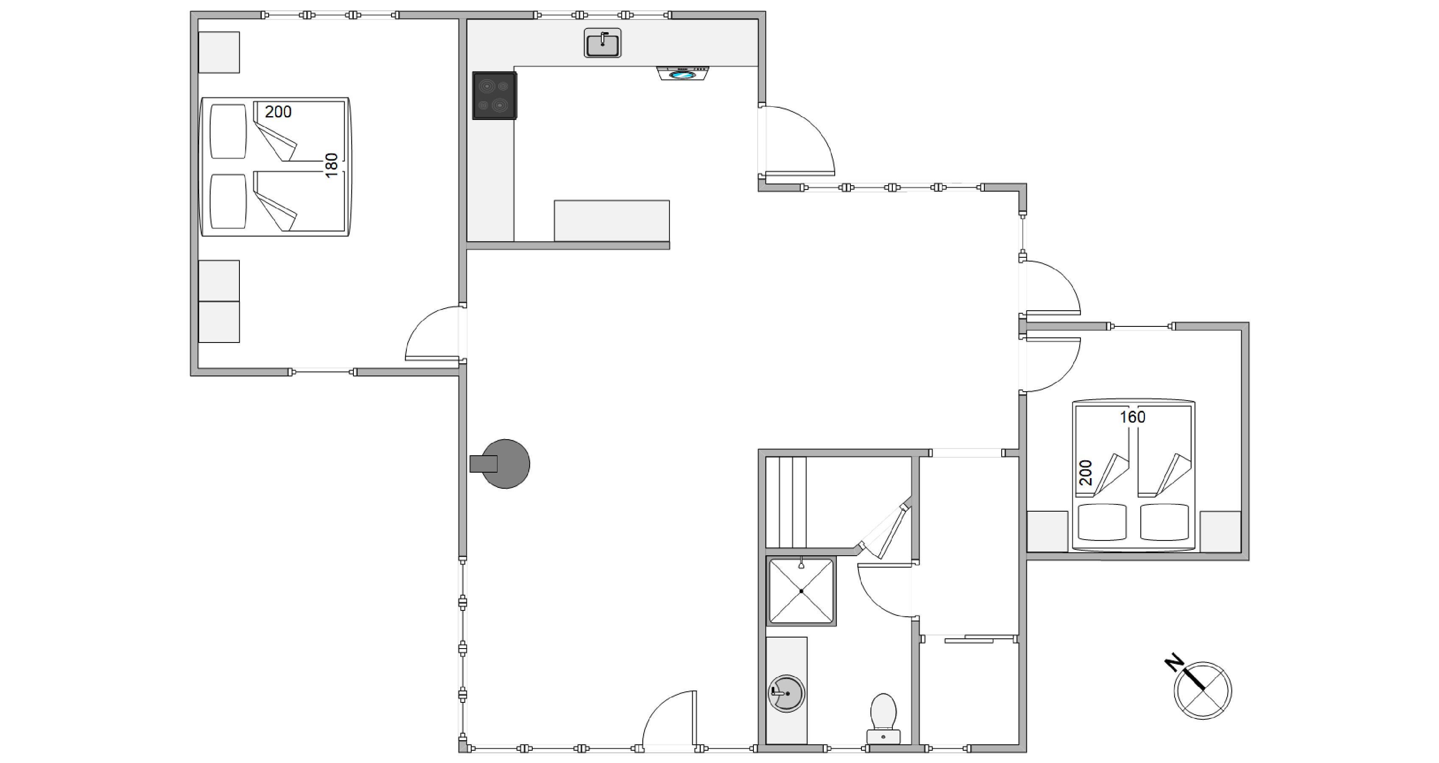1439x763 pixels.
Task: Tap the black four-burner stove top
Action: coord(494,95)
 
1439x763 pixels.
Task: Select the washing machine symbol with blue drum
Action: coord(683,73)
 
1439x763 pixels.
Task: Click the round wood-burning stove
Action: coord(500,464)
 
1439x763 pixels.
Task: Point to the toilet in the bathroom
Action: coord(883,719)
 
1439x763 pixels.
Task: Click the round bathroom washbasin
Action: coord(786,693)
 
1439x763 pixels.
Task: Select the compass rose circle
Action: coord(1203,691)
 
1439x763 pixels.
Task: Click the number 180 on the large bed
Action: coord(332,165)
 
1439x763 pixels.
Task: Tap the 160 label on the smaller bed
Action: coord(1132,417)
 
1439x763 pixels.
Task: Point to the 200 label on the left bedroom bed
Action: coord(278,112)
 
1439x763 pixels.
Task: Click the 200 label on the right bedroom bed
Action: coord(1086,472)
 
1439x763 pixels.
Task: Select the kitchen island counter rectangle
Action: coord(612,221)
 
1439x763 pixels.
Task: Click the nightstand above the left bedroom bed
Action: coord(219,53)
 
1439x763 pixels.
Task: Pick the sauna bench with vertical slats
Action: coord(786,502)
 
